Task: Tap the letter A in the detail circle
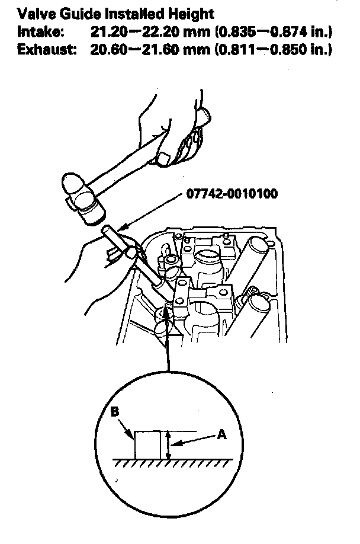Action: point(221,435)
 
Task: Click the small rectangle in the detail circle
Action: point(148,444)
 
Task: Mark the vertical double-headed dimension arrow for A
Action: point(169,444)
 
